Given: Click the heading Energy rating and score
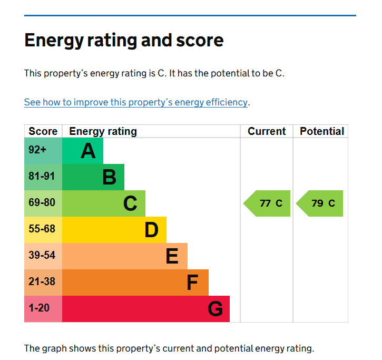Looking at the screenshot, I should [124, 41].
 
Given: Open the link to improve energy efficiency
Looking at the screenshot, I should [135, 102].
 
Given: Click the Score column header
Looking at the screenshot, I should [43, 131].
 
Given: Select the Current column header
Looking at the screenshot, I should [267, 131].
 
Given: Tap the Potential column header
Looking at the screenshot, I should [321, 131].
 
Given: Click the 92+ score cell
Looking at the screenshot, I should [38, 150].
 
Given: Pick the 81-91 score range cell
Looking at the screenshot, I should [42, 177].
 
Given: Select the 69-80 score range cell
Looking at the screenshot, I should [42, 203].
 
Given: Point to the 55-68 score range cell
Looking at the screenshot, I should [42, 229].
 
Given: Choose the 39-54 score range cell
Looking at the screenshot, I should [42, 256].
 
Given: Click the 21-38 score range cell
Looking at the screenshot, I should [42, 282].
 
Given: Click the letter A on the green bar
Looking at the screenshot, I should [88, 151].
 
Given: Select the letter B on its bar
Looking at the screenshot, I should [109, 177].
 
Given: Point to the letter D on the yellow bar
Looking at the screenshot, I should [151, 230].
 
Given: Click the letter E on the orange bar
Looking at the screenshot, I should [172, 256].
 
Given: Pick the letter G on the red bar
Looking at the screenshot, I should [215, 309].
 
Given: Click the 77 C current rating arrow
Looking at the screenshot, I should [268, 203].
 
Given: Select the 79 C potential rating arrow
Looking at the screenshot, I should [320, 203].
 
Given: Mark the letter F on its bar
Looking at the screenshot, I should [192, 283].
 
